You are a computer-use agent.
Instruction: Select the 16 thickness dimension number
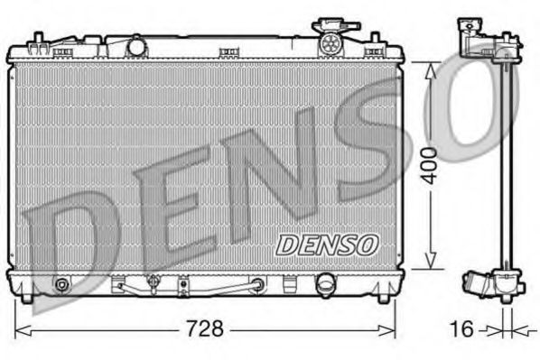pos(461,328)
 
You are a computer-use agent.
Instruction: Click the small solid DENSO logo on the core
pos(326,244)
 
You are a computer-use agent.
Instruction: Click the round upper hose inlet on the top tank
pos(137,44)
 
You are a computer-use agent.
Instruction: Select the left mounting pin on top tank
pos(37,39)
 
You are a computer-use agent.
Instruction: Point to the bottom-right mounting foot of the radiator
pos(389,293)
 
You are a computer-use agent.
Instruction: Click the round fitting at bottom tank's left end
pos(61,286)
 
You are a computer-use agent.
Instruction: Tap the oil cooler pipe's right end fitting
pos(259,286)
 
